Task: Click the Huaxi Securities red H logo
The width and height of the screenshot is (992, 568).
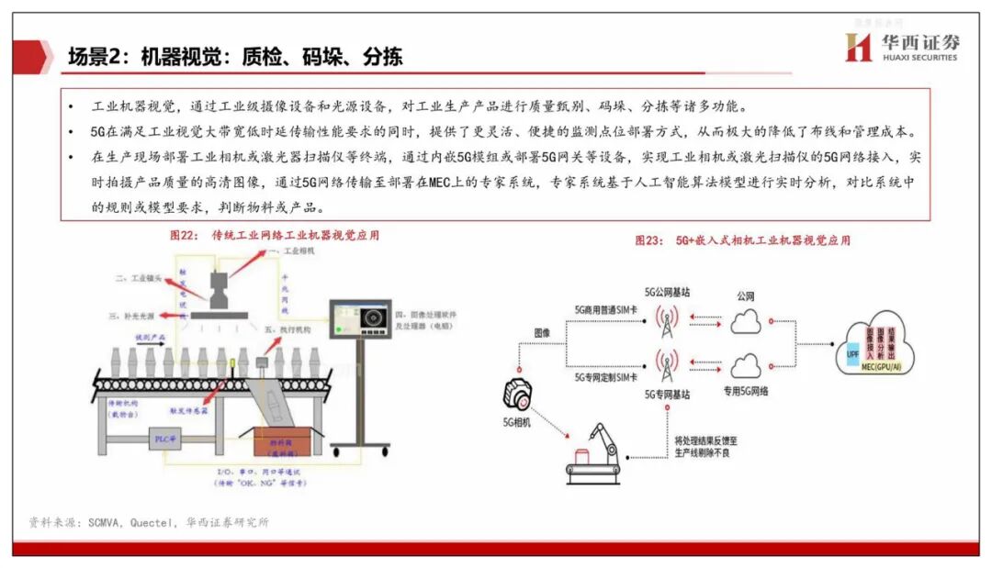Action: click(858, 47)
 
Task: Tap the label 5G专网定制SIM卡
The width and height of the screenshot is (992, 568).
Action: click(607, 377)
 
